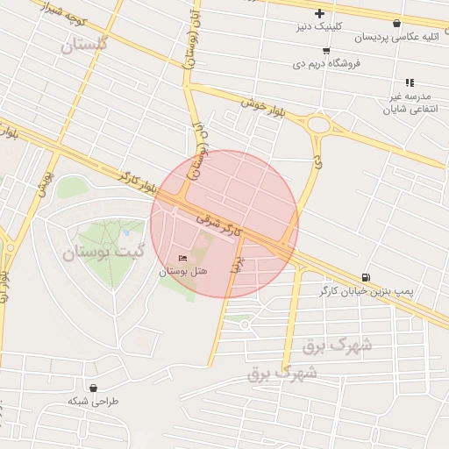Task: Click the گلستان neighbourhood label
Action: coord(84,45)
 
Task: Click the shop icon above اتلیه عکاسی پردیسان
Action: coord(397,24)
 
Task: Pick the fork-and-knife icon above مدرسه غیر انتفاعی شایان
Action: coord(410,82)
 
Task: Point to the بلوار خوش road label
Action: coord(267,107)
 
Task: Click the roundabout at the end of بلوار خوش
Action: coord(317,125)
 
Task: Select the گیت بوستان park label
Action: coord(102,253)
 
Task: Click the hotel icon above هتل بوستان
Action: coord(182,259)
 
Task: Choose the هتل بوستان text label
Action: coord(182,273)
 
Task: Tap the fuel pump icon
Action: coord(365,276)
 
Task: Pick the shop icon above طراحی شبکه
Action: coord(93,388)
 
